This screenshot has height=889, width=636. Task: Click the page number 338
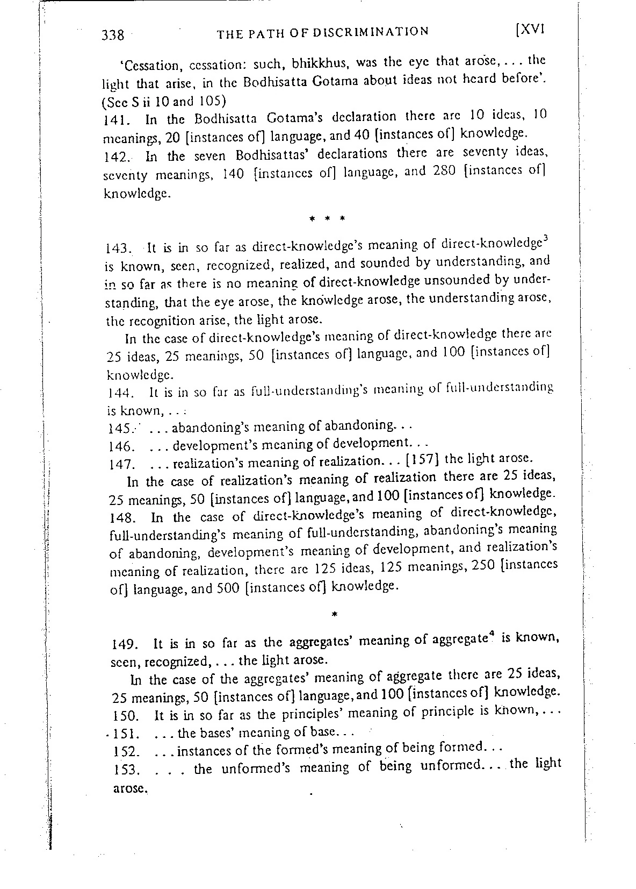click(x=113, y=35)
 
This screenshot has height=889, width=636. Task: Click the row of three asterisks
click(x=328, y=219)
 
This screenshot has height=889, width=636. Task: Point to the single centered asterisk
click(x=335, y=614)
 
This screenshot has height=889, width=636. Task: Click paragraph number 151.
click(x=128, y=734)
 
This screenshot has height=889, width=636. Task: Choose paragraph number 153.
click(x=127, y=771)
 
